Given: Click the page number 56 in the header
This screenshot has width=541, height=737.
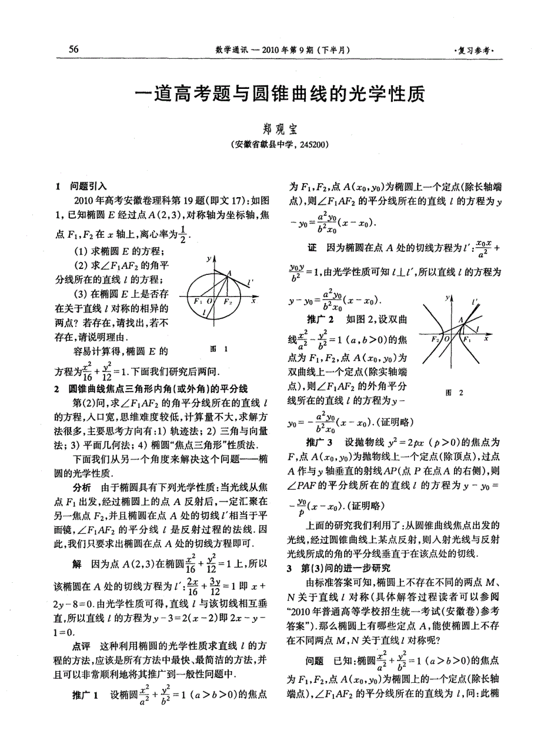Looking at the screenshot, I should (74, 49).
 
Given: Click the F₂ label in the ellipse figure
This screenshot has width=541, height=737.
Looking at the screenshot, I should (228, 301).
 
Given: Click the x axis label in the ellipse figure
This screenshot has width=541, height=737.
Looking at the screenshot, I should (253, 300).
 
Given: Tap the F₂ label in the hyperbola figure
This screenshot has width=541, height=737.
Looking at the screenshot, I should (435, 340).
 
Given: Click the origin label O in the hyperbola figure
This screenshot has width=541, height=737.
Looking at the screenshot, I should (445, 340).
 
